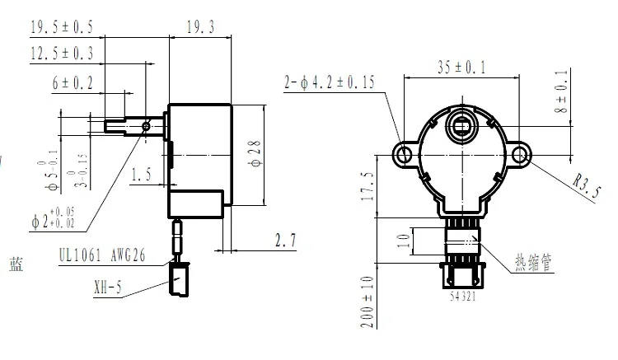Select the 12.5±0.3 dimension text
(61, 53)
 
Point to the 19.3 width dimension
(199, 26)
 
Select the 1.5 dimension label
(142, 174)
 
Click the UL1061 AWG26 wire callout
(101, 256)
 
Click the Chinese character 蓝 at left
(16, 265)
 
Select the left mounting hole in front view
(403, 154)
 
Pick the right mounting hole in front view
(521, 154)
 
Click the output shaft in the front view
(461, 126)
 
